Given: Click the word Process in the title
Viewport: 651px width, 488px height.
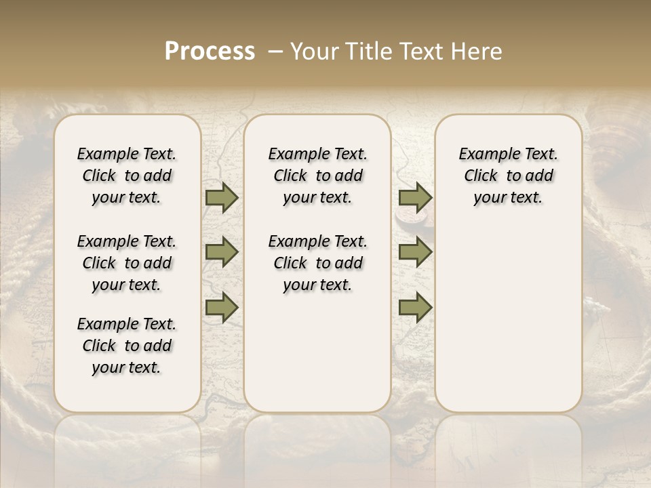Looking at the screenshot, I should click(210, 52).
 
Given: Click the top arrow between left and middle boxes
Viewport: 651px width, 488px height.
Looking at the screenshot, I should click(222, 198).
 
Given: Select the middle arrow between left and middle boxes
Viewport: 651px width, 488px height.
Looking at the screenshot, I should click(222, 252).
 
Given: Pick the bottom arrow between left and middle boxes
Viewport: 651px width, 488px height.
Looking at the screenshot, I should click(222, 307).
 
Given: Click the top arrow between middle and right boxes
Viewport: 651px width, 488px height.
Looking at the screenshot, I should click(415, 198).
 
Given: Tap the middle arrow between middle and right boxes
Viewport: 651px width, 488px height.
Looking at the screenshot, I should click(415, 252).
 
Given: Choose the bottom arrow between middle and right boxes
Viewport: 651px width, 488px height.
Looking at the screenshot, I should click(415, 307).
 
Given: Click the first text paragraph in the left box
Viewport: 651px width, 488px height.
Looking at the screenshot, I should click(127, 176).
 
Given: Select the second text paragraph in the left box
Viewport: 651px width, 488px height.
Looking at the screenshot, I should click(127, 263).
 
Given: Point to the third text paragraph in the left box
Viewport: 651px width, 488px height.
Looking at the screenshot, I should click(127, 346).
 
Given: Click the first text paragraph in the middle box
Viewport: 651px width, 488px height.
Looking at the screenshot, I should click(317, 176).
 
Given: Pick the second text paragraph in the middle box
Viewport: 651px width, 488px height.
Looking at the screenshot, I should click(317, 263).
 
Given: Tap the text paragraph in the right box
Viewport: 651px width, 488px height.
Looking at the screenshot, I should click(509, 176).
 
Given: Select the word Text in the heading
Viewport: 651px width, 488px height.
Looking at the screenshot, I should click(425, 52).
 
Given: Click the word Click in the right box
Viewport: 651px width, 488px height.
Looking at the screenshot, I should click(481, 176).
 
